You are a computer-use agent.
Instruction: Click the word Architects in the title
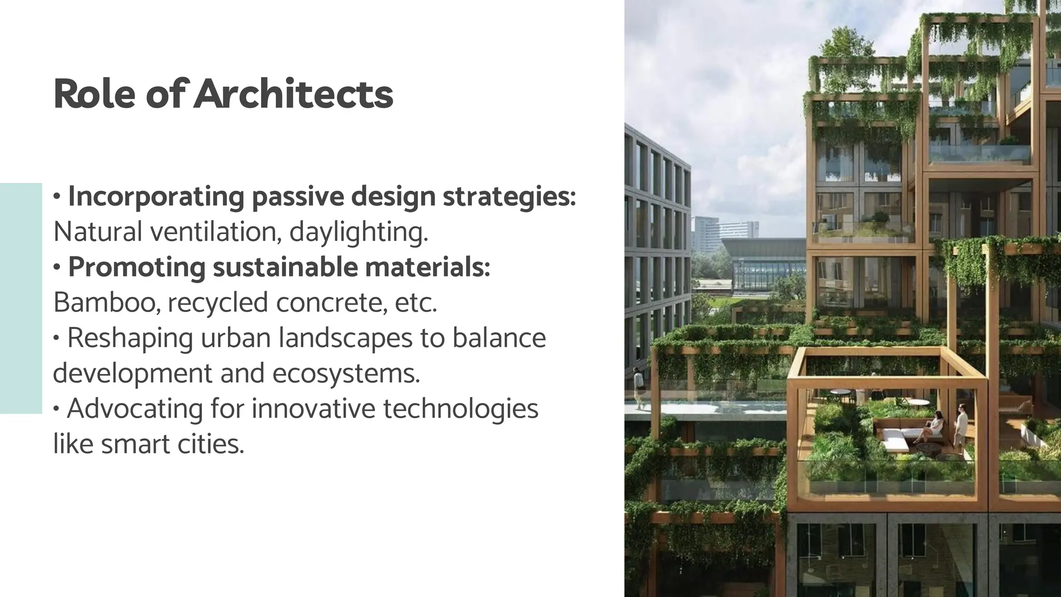293,94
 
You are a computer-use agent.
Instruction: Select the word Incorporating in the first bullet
156,197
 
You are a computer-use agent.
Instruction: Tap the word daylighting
359,232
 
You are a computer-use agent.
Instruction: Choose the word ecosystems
346,373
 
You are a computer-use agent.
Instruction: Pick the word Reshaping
130,338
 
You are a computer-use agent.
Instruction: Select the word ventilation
216,232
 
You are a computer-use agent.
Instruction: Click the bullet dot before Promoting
58,268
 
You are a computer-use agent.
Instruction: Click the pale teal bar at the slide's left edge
21,298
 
